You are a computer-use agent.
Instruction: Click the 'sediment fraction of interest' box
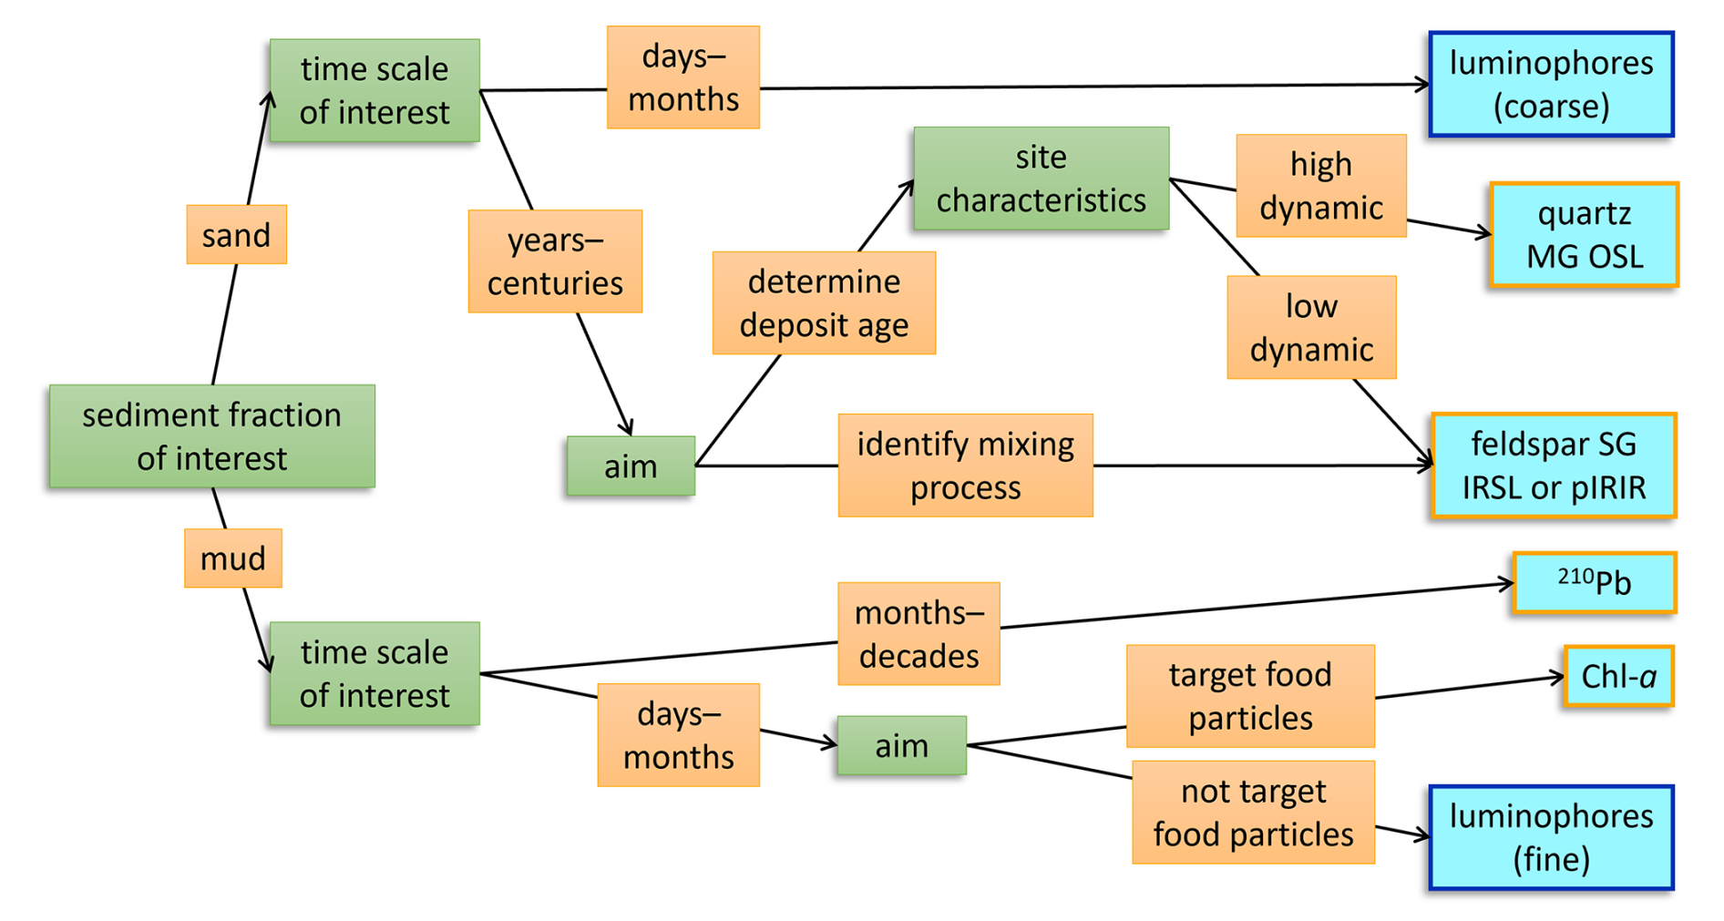click(211, 435)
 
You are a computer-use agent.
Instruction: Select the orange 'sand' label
click(236, 235)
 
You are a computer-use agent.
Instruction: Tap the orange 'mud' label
click(232, 558)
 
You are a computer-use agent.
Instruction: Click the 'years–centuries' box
click(555, 261)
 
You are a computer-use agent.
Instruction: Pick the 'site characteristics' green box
click(1041, 179)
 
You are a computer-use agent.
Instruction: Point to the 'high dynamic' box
click(1320, 186)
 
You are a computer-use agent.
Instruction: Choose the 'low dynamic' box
click(1311, 327)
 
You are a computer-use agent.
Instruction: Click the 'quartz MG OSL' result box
click(1584, 235)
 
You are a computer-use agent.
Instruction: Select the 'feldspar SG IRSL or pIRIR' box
click(1554, 466)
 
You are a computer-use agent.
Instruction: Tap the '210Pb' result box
click(1594, 582)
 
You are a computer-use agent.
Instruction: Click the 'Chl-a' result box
click(1618, 676)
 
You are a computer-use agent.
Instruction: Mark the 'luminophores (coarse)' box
click(1551, 85)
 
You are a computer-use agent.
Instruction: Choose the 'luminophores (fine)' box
click(1551, 837)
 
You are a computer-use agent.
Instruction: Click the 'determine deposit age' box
click(824, 302)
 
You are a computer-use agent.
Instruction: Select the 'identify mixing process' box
click(965, 466)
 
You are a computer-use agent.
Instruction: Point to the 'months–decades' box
click(918, 633)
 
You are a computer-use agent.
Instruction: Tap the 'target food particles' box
click(1250, 696)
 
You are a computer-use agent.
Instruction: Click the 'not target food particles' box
click(1253, 812)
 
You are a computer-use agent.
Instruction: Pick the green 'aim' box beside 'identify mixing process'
click(631, 466)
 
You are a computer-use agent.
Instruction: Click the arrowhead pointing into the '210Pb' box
click(1507, 584)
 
